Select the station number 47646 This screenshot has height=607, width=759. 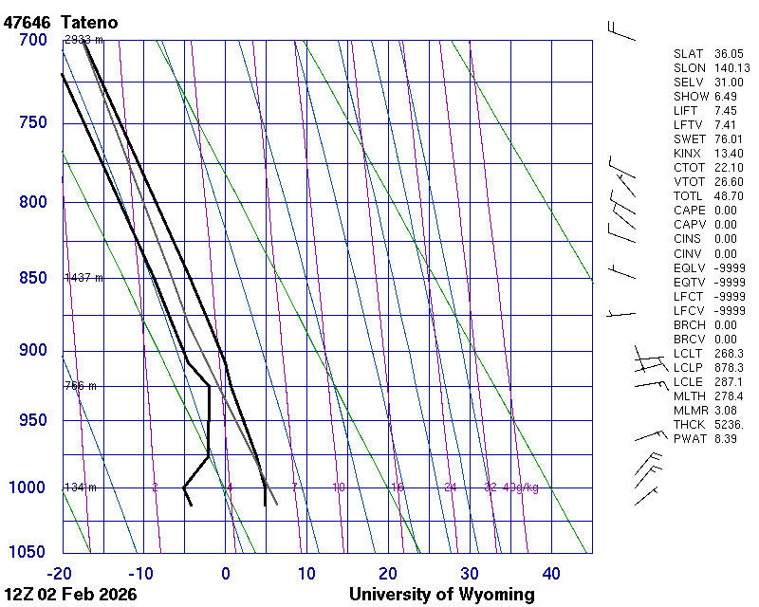28,21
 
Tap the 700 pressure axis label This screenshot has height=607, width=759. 33,40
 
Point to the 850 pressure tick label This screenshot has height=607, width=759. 33,278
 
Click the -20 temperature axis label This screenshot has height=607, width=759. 61,573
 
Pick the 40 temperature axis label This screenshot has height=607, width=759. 551,573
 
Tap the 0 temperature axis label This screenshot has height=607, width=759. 226,573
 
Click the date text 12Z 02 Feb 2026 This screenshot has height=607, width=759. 70,595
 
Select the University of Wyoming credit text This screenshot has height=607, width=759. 441,595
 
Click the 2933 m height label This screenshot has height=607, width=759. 83,40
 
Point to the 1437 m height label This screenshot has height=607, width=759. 83,278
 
